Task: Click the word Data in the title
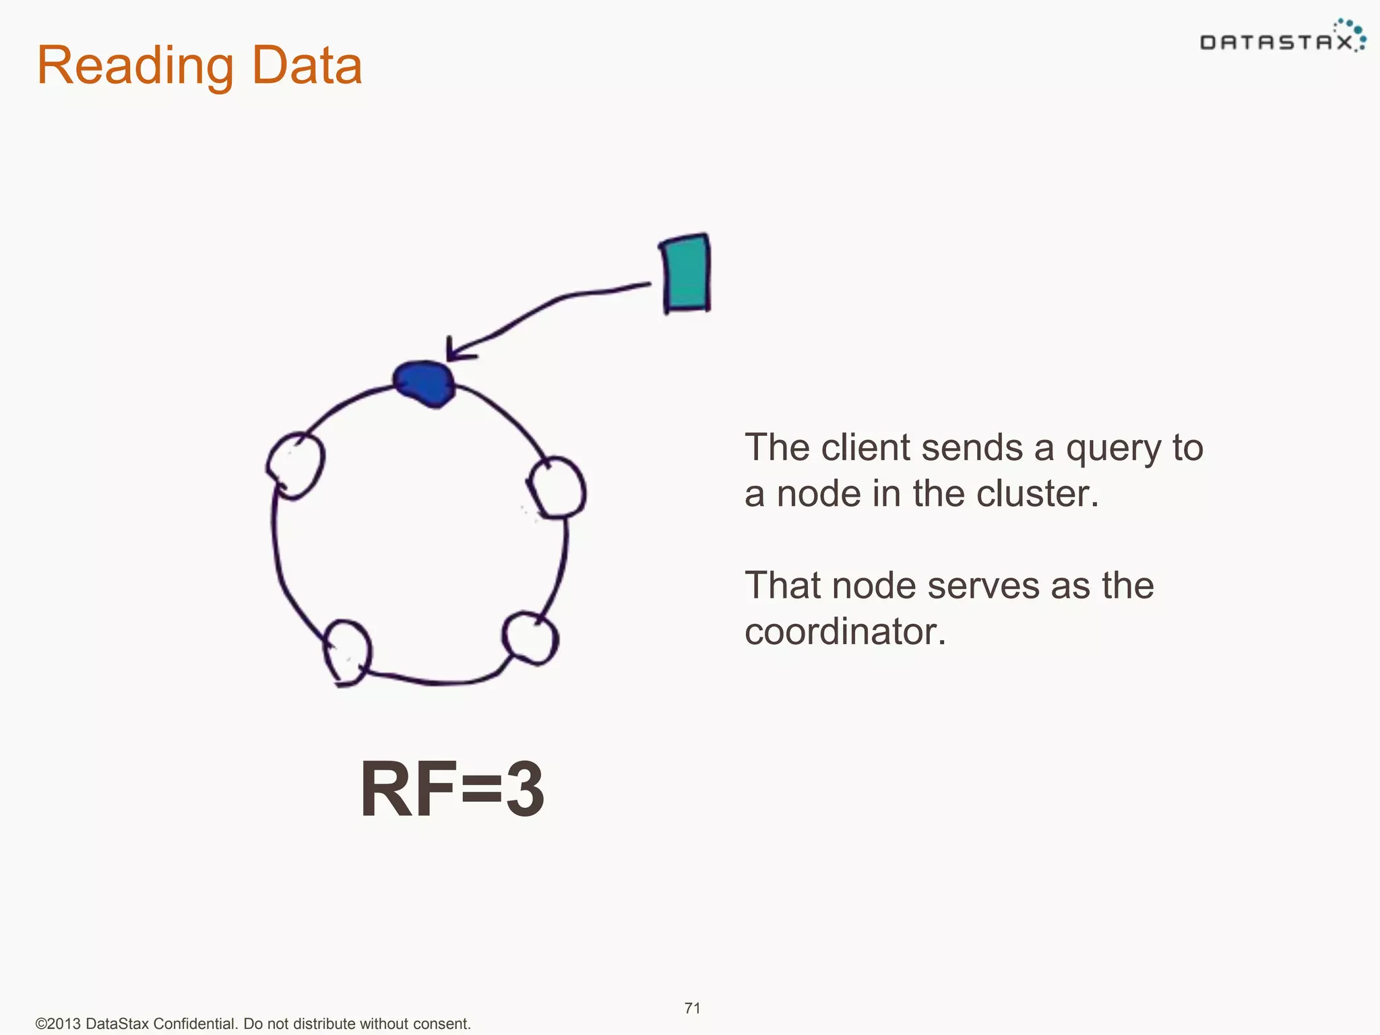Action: (307, 66)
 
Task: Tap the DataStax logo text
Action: (1276, 43)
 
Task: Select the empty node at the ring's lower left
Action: (348, 651)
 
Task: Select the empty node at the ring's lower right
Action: (530, 637)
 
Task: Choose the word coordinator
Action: (845, 631)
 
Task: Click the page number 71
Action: (692, 1008)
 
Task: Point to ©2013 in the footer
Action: (58, 1024)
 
